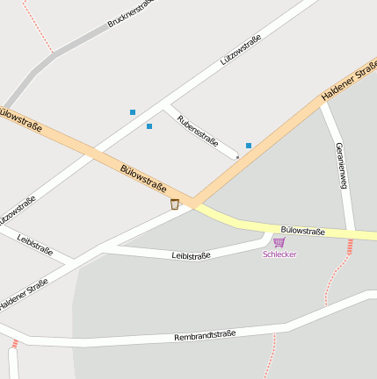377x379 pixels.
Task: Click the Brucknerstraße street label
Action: coord(130,13)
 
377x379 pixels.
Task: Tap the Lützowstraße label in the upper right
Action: coord(240,50)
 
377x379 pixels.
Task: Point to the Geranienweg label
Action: coord(342,164)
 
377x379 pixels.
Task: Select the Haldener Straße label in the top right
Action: coord(349,81)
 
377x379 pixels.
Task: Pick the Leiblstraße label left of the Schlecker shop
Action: coord(191,256)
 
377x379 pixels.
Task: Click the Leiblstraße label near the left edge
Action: coord(34,246)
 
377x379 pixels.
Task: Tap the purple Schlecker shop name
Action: coord(279,254)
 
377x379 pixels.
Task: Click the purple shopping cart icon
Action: coord(279,241)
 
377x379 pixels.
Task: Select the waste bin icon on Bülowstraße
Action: coord(175,204)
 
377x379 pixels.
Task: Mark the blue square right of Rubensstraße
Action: coord(249,146)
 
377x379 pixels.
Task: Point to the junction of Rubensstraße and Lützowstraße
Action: coord(163,106)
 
